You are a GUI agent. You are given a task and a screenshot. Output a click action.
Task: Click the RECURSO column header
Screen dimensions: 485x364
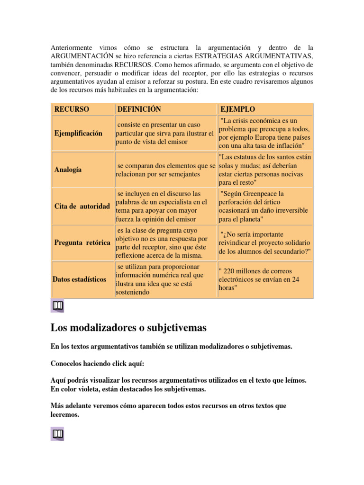[72, 109]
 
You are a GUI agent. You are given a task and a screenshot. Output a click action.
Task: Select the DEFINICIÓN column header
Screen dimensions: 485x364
[139, 109]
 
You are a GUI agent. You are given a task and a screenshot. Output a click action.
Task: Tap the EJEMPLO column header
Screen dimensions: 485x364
[237, 109]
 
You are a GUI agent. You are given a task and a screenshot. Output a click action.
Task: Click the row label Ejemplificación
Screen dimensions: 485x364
[78, 133]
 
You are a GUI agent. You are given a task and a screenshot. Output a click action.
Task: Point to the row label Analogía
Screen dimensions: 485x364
[68, 169]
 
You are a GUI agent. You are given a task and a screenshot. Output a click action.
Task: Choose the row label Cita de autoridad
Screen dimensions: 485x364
[82, 206]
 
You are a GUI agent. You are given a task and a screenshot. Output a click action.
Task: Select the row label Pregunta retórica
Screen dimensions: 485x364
[82, 242]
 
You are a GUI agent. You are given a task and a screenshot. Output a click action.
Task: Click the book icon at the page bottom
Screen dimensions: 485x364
[57, 433]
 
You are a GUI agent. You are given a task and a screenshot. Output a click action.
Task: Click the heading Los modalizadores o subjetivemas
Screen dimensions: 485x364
[128, 327]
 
